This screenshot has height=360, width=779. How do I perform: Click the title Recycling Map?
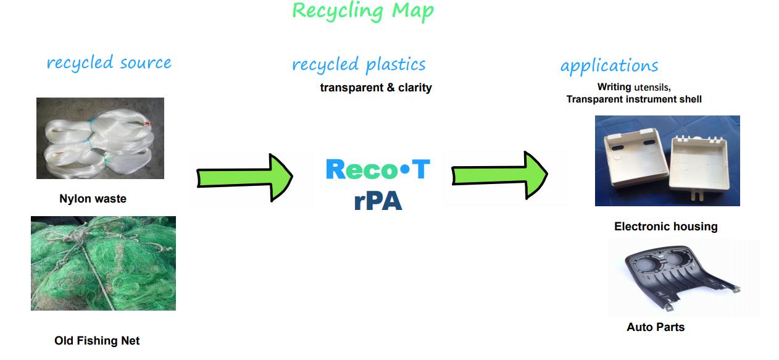(362, 10)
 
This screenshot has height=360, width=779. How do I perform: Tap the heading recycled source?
(109, 62)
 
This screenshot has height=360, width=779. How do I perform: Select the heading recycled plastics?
(359, 64)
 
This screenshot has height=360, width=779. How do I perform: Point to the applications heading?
(609, 66)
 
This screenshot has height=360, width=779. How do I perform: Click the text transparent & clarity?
(375, 88)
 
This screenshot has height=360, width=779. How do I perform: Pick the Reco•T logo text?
(377, 169)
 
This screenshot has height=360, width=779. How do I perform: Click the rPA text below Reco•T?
(378, 201)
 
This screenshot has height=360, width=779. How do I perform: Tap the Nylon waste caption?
(93, 199)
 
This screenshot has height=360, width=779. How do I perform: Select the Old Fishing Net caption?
(97, 341)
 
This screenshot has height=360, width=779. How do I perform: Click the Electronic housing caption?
(665, 227)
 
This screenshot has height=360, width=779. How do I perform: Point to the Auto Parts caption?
(655, 327)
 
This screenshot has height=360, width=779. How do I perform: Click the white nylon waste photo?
(100, 138)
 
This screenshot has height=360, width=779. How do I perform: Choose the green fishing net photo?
(103, 263)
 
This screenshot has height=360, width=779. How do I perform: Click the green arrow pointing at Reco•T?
(244, 178)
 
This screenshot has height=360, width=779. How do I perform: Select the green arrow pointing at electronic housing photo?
(499, 177)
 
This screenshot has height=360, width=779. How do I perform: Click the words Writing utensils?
(633, 88)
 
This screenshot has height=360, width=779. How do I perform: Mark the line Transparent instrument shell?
(633, 99)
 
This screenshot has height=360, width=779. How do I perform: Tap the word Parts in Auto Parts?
(670, 327)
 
